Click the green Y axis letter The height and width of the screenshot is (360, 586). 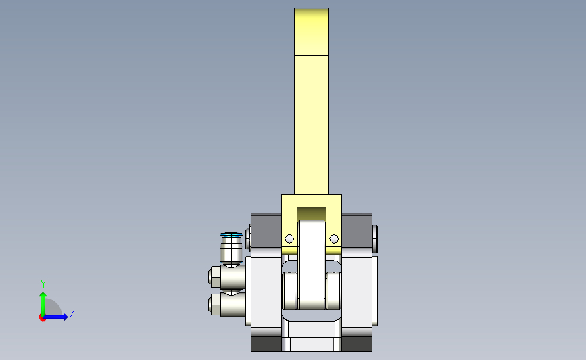pyautogui.click(x=43, y=284)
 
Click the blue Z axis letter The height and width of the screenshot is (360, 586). pyautogui.click(x=72, y=313)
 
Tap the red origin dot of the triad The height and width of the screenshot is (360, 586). pyautogui.click(x=42, y=317)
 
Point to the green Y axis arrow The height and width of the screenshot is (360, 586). pyautogui.click(x=43, y=304)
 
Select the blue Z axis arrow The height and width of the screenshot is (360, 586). pyautogui.click(x=56, y=317)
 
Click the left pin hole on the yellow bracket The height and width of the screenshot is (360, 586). pyautogui.click(x=289, y=238)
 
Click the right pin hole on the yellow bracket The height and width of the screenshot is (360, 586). pyautogui.click(x=334, y=238)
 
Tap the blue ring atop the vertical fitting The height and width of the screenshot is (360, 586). pyautogui.click(x=231, y=235)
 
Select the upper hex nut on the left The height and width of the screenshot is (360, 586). pyautogui.click(x=215, y=277)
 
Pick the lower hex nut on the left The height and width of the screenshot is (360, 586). pyautogui.click(x=215, y=304)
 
